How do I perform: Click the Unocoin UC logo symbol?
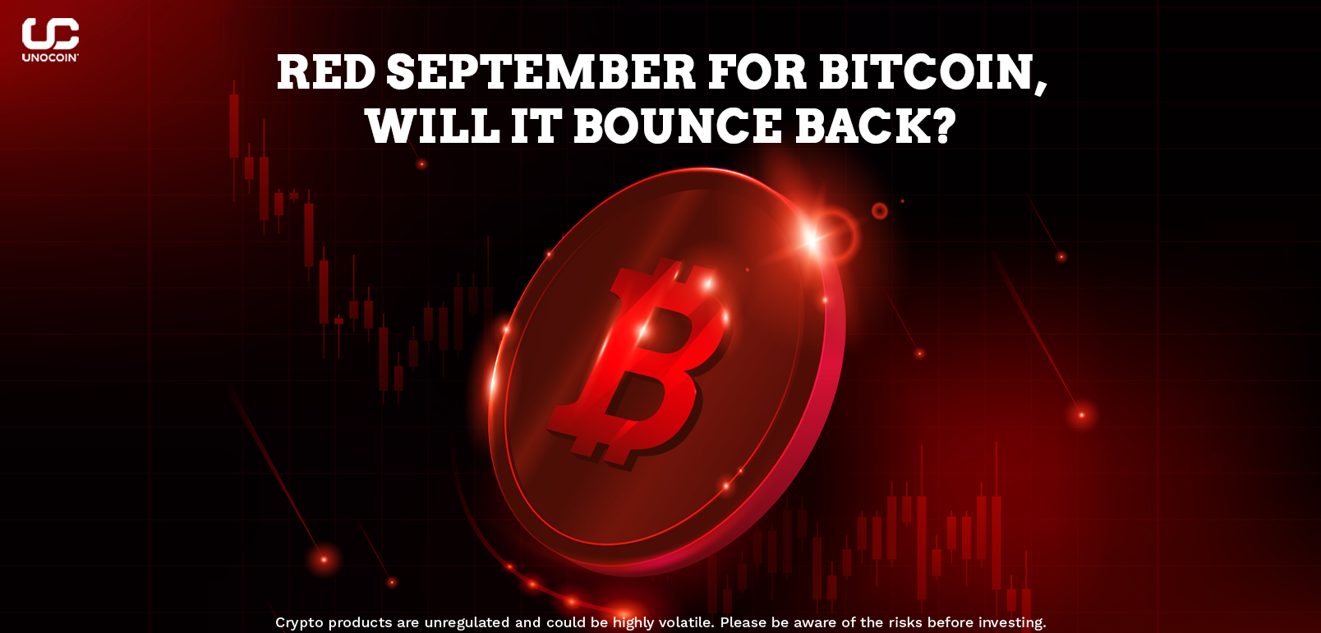tap(50, 34)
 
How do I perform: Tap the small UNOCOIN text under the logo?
tap(49, 57)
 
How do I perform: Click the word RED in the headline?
tap(326, 72)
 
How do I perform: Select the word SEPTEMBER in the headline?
tap(541, 72)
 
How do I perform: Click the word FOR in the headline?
tap(757, 72)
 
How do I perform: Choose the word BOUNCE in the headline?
tap(678, 126)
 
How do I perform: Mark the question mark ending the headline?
tap(941, 126)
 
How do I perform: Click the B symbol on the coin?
tap(639, 363)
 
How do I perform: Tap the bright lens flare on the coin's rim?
tap(812, 239)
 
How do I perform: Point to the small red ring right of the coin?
tap(879, 210)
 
